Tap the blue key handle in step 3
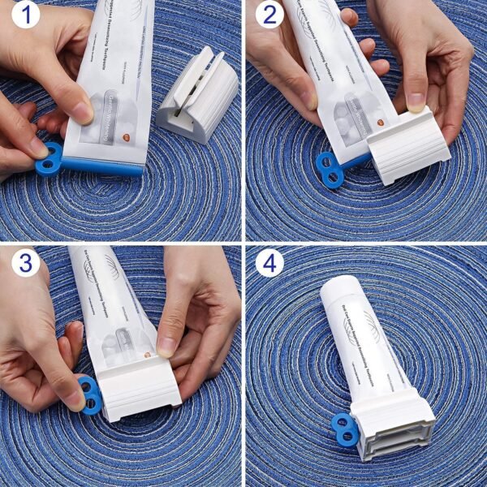(91, 393)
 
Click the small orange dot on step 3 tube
(147, 355)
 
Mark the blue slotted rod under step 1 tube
(106, 166)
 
